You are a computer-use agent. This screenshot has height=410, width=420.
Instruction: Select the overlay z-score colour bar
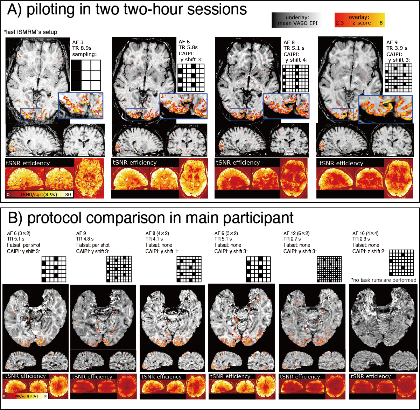pos(359,20)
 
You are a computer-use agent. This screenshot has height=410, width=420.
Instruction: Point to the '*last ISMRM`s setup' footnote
pos(30,32)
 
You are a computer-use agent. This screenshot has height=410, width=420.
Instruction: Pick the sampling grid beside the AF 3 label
pos(86,75)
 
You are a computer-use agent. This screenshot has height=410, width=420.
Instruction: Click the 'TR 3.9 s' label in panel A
pos(397,48)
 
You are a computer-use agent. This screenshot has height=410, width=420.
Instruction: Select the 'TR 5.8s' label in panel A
pos(188,47)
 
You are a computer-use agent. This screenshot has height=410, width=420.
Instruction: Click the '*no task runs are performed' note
pos(384,280)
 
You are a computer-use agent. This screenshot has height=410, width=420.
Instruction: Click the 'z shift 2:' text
pos(376,251)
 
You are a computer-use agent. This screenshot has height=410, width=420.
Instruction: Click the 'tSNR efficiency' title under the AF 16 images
pos(371,376)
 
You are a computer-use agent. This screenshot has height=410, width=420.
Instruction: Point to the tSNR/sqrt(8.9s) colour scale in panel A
pos(38,194)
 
